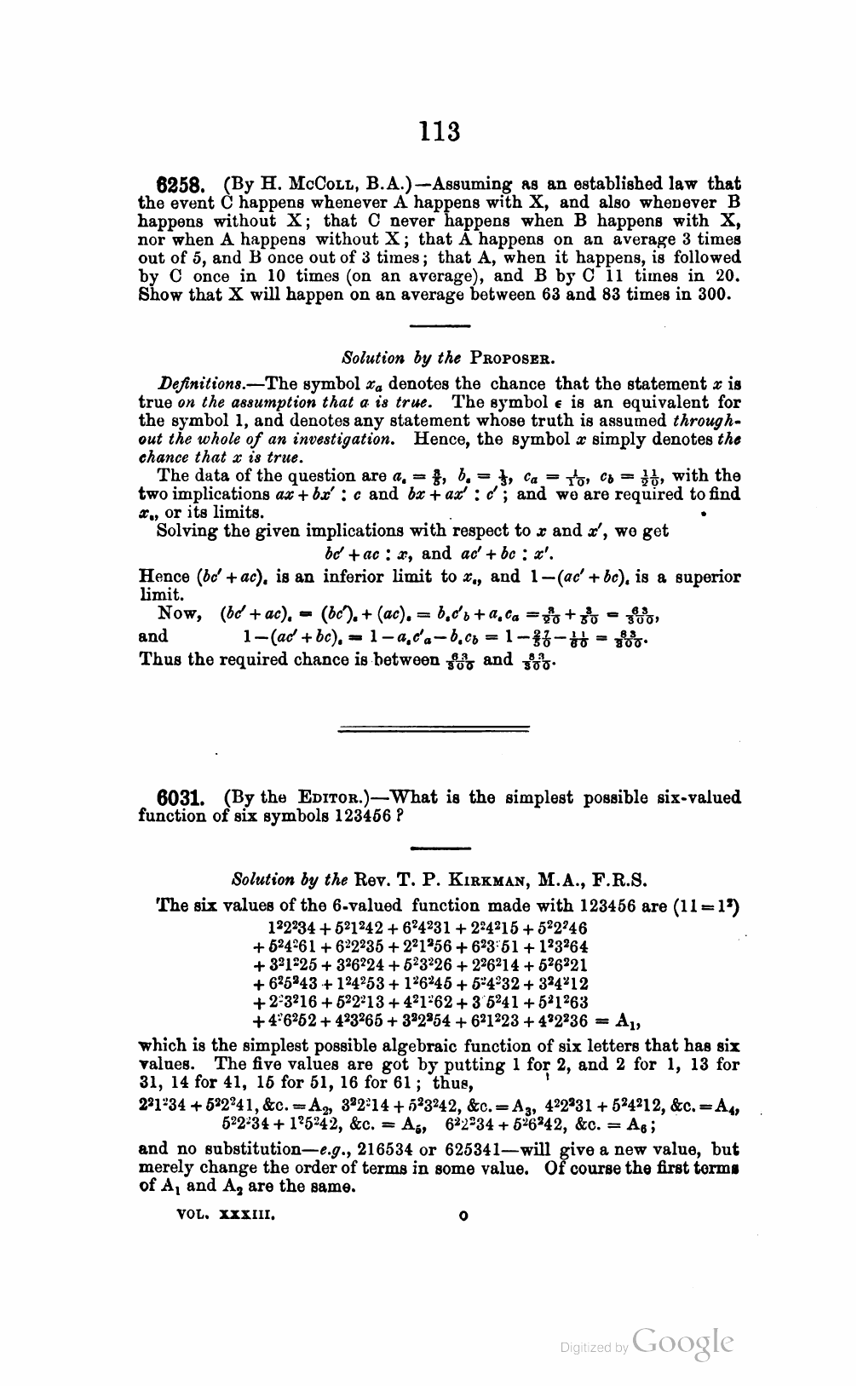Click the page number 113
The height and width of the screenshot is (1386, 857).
click(440, 132)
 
